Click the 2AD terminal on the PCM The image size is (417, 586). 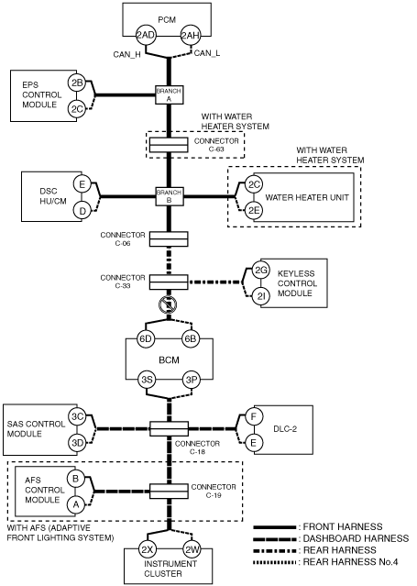tap(145, 36)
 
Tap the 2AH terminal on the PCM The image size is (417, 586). tap(191, 36)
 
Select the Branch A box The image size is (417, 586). tap(170, 95)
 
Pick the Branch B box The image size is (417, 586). tap(170, 196)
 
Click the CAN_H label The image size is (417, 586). tap(127, 55)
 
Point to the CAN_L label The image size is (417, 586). tap(207, 53)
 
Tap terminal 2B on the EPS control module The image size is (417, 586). tap(77, 83)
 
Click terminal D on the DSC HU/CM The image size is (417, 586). tap(82, 211)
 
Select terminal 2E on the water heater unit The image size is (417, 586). tap(254, 210)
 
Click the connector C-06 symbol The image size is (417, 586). tap(169, 239)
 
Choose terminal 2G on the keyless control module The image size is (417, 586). tap(260, 271)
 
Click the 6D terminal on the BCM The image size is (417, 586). tap(146, 339)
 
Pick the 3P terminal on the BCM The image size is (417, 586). tap(191, 380)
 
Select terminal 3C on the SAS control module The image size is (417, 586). tap(77, 416)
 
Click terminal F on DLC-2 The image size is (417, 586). tap(254, 416)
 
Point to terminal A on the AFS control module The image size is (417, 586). tap(76, 505)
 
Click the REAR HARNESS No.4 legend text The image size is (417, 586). tap(350, 562)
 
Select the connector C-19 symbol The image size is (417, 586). tap(169, 491)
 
